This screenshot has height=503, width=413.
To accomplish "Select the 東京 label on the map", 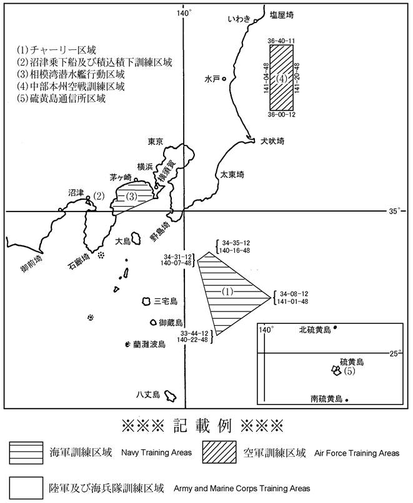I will [155, 142].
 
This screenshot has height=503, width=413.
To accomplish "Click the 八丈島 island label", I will [149, 394].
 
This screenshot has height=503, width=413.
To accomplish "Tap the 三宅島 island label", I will [166, 301].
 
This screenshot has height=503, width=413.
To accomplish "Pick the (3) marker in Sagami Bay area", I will [132, 197].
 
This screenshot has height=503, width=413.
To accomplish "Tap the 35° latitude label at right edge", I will [395, 211].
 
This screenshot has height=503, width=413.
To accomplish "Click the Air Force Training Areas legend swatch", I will [219, 452].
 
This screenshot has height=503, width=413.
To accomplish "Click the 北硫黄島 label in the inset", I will [316, 330].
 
